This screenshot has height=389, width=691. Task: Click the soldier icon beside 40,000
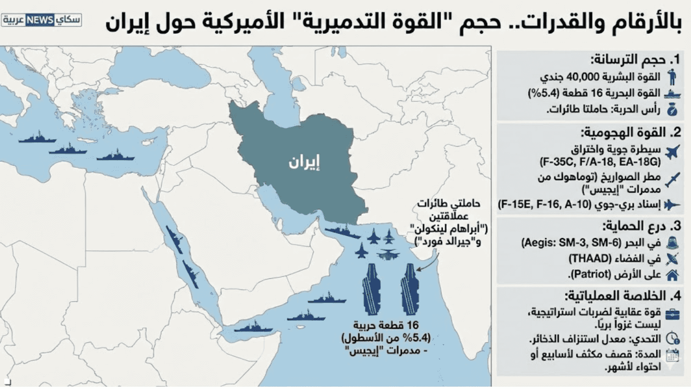point(672,77)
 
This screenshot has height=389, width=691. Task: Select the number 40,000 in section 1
point(583,77)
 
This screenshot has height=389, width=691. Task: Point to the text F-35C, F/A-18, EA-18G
point(600,162)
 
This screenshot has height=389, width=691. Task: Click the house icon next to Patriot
point(672,275)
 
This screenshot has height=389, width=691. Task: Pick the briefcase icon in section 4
point(672,314)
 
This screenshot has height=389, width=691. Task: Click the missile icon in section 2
point(672,179)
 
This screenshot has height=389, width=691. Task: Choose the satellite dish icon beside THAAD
point(672,259)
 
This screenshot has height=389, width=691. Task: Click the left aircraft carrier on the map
point(371,289)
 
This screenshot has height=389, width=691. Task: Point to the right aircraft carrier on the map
point(410,289)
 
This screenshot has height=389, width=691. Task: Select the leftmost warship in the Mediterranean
point(37,137)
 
